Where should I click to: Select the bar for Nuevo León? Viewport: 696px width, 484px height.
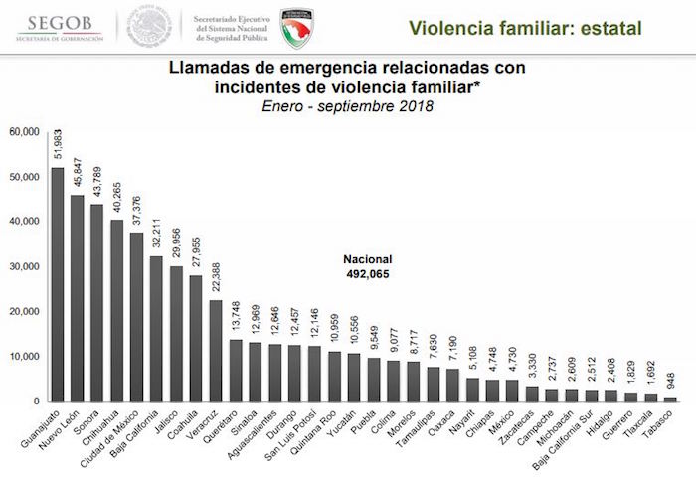(x=78, y=298)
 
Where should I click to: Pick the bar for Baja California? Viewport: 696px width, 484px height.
(x=156, y=329)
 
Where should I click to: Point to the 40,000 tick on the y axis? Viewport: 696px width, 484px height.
(x=25, y=222)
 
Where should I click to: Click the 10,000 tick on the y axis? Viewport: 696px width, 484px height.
(x=25, y=356)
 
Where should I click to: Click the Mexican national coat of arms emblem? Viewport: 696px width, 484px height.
(x=149, y=27)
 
